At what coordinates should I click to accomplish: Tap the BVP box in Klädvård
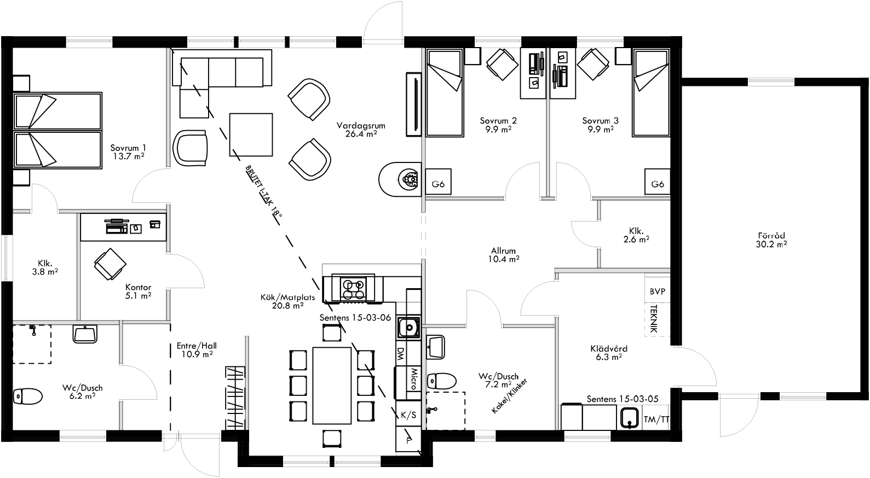pos(657,292)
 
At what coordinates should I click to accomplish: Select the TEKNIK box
pos(654,320)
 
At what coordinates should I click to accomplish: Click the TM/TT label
pos(656,419)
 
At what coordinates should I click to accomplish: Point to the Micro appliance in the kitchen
pos(413,379)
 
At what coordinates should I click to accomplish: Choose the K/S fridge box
pos(408,415)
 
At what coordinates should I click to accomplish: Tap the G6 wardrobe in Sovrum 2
pos(438,184)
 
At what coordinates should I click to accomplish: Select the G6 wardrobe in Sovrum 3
pos(658,184)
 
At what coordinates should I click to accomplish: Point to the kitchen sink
pos(407,328)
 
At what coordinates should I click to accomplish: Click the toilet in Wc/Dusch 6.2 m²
pos(27,395)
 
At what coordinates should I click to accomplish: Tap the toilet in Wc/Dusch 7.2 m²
pos(441,380)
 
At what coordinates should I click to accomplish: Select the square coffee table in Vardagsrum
pos(251,134)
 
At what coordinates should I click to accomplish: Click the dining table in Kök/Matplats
pos(332,385)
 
